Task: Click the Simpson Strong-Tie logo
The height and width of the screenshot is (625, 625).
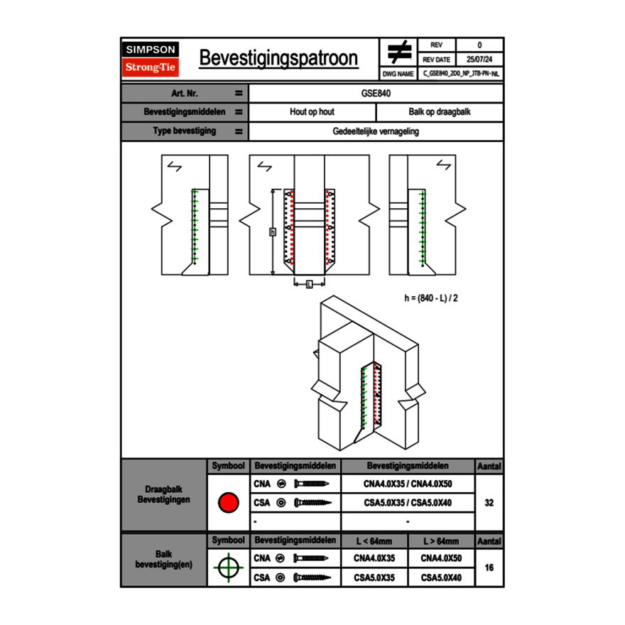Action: (x=151, y=59)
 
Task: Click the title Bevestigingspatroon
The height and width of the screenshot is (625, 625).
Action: (x=278, y=58)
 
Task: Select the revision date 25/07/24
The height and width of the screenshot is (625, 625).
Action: (x=479, y=60)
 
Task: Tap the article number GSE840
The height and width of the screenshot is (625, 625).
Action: (x=376, y=93)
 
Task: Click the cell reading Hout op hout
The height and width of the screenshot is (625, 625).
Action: (x=312, y=112)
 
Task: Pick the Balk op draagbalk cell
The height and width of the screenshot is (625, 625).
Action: (x=439, y=112)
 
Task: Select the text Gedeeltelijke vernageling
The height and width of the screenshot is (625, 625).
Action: (x=376, y=131)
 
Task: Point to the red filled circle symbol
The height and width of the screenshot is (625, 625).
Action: (x=227, y=503)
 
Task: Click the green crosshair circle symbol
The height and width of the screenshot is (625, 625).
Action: (x=227, y=567)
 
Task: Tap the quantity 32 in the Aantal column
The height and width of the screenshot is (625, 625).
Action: (x=489, y=503)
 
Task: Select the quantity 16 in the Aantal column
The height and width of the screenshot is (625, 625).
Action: (x=489, y=567)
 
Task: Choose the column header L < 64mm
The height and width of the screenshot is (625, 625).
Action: (x=374, y=541)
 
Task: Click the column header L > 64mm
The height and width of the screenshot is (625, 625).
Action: (x=441, y=541)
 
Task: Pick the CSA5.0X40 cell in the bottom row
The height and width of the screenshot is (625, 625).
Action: (x=441, y=578)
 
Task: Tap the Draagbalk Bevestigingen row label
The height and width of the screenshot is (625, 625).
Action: (x=163, y=495)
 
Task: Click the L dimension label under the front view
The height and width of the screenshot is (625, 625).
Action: (x=309, y=284)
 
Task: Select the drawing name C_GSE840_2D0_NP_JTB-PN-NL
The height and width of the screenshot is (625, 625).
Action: (x=460, y=73)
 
